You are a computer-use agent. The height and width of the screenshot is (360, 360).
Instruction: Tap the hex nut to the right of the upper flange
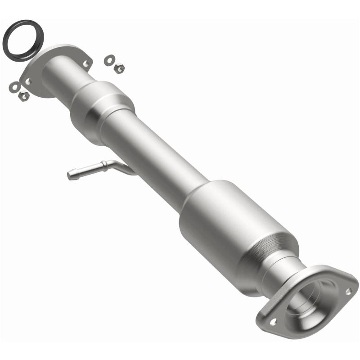tap(119, 68)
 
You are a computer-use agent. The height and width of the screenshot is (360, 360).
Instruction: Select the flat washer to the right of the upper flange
tap(109, 59)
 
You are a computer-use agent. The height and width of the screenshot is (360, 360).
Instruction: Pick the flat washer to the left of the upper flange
tap(14, 86)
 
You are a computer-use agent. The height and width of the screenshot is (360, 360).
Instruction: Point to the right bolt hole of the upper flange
tap(85, 63)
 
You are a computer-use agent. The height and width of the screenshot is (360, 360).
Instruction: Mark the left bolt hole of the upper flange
tap(28, 81)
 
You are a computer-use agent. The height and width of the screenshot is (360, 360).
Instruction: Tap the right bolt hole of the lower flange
tap(348, 291)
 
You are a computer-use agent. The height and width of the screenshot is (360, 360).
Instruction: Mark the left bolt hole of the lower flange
tap(273, 322)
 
